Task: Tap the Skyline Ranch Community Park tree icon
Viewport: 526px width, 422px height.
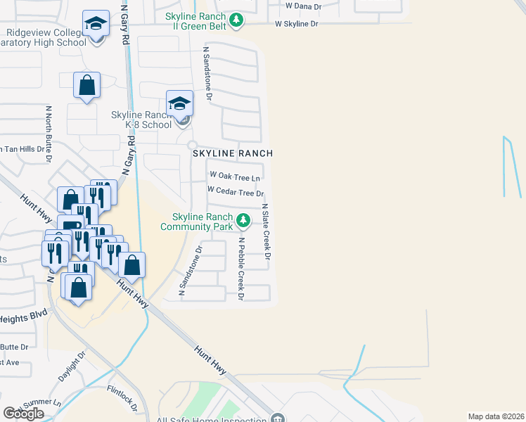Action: pyautogui.click(x=243, y=221)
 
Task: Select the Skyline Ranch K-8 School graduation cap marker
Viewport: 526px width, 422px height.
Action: pyautogui.click(x=179, y=103)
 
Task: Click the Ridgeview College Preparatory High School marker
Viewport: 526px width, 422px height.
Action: pyautogui.click(x=96, y=23)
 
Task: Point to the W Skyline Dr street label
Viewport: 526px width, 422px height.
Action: pyautogui.click(x=296, y=24)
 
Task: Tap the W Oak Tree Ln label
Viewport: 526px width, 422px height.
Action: pyautogui.click(x=235, y=175)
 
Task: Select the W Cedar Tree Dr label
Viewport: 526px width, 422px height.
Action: pyautogui.click(x=235, y=192)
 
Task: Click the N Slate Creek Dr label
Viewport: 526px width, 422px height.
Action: pyautogui.click(x=267, y=231)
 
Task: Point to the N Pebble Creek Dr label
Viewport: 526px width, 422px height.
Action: pyautogui.click(x=240, y=269)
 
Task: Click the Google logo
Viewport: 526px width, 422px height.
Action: pyautogui.click(x=23, y=414)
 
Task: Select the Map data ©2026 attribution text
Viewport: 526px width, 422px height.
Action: pyautogui.click(x=496, y=416)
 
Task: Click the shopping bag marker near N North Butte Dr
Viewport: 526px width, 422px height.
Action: pyautogui.click(x=86, y=86)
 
